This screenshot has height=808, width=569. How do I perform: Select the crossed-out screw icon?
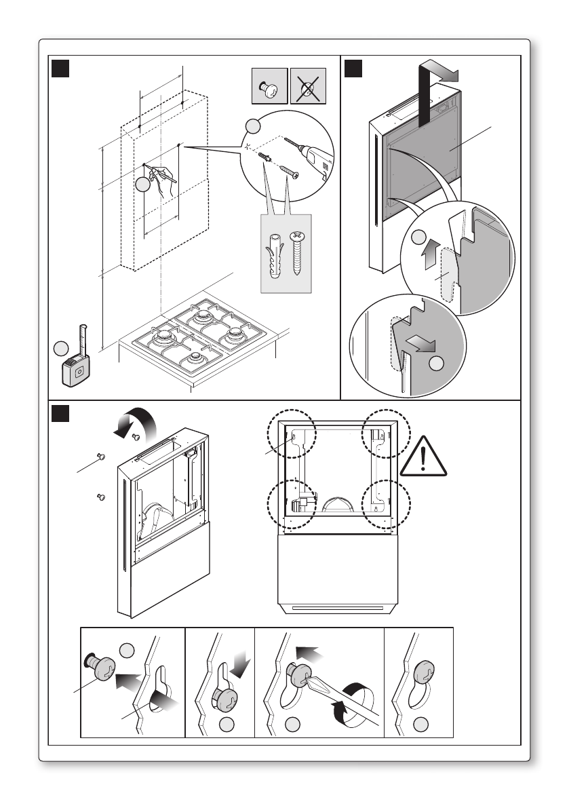pos(309,86)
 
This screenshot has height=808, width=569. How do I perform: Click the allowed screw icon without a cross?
pos(269,86)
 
